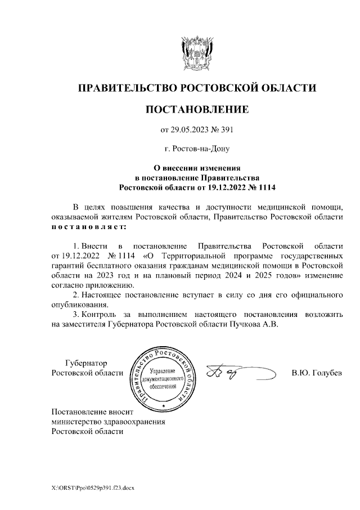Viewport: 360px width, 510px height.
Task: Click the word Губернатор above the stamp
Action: [x=86, y=363]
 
